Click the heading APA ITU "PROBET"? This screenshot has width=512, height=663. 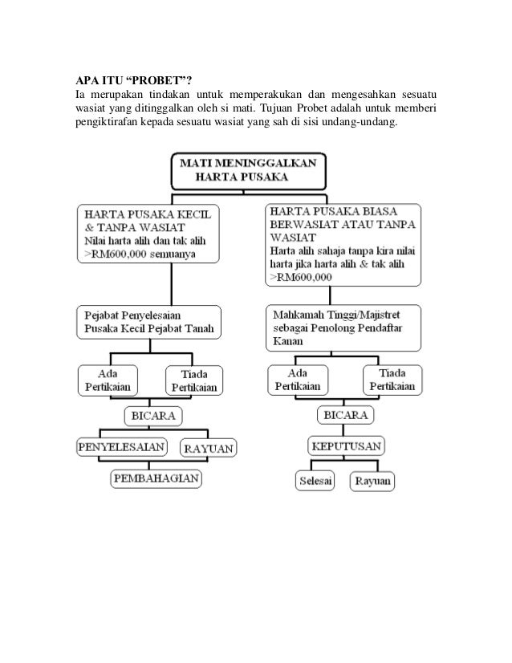click(x=133, y=77)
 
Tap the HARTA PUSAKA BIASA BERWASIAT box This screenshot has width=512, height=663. click(x=343, y=242)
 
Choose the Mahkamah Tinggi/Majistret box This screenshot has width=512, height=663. click(x=343, y=327)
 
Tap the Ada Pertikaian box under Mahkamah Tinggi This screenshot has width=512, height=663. click(x=299, y=379)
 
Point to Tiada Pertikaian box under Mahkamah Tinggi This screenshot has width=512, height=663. click(x=391, y=379)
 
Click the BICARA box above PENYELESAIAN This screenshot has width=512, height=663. click(x=152, y=417)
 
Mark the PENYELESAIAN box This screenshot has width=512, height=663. click(x=122, y=446)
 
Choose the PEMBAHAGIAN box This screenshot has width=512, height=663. click(x=156, y=479)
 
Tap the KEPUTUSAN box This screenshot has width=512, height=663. click(x=346, y=446)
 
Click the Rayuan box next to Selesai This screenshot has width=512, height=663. click(x=373, y=481)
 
